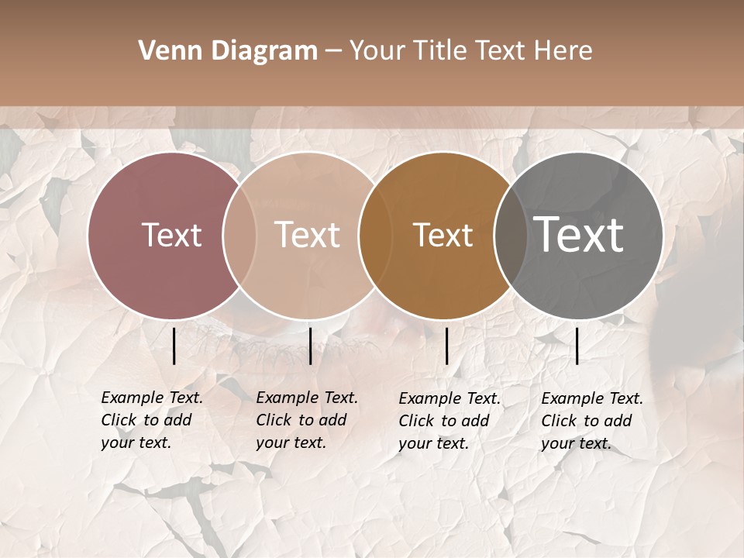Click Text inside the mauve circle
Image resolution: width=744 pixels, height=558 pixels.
tap(171, 236)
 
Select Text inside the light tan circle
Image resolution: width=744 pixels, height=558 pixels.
tap(308, 236)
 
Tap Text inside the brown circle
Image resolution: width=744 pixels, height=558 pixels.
tap(443, 236)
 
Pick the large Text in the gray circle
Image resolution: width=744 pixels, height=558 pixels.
tap(579, 235)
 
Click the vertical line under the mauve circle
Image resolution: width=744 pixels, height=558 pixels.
tap(174, 346)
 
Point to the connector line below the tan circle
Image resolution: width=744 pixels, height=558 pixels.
tap(310, 346)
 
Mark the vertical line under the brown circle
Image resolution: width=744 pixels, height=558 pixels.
tap(446, 346)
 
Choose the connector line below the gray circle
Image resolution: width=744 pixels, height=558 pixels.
tap(577, 346)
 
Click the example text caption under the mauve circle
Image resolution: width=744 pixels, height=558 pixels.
tap(151, 420)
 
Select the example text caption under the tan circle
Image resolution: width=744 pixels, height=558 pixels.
tap(306, 420)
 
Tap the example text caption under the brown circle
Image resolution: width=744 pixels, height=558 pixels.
tap(449, 421)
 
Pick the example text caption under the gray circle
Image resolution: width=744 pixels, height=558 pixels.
tap(591, 421)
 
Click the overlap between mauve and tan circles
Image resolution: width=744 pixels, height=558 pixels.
tap(239, 236)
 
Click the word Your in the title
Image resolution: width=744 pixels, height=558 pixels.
tap(379, 51)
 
